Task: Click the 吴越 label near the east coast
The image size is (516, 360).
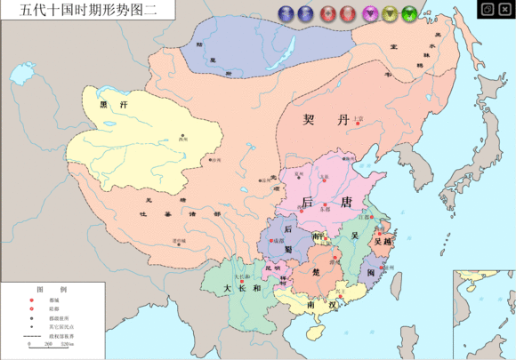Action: pos(383,241)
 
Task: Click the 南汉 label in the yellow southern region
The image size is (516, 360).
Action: pos(319,305)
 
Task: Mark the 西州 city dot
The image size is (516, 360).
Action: pos(183,134)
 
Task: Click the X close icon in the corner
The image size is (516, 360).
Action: pos(504,9)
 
